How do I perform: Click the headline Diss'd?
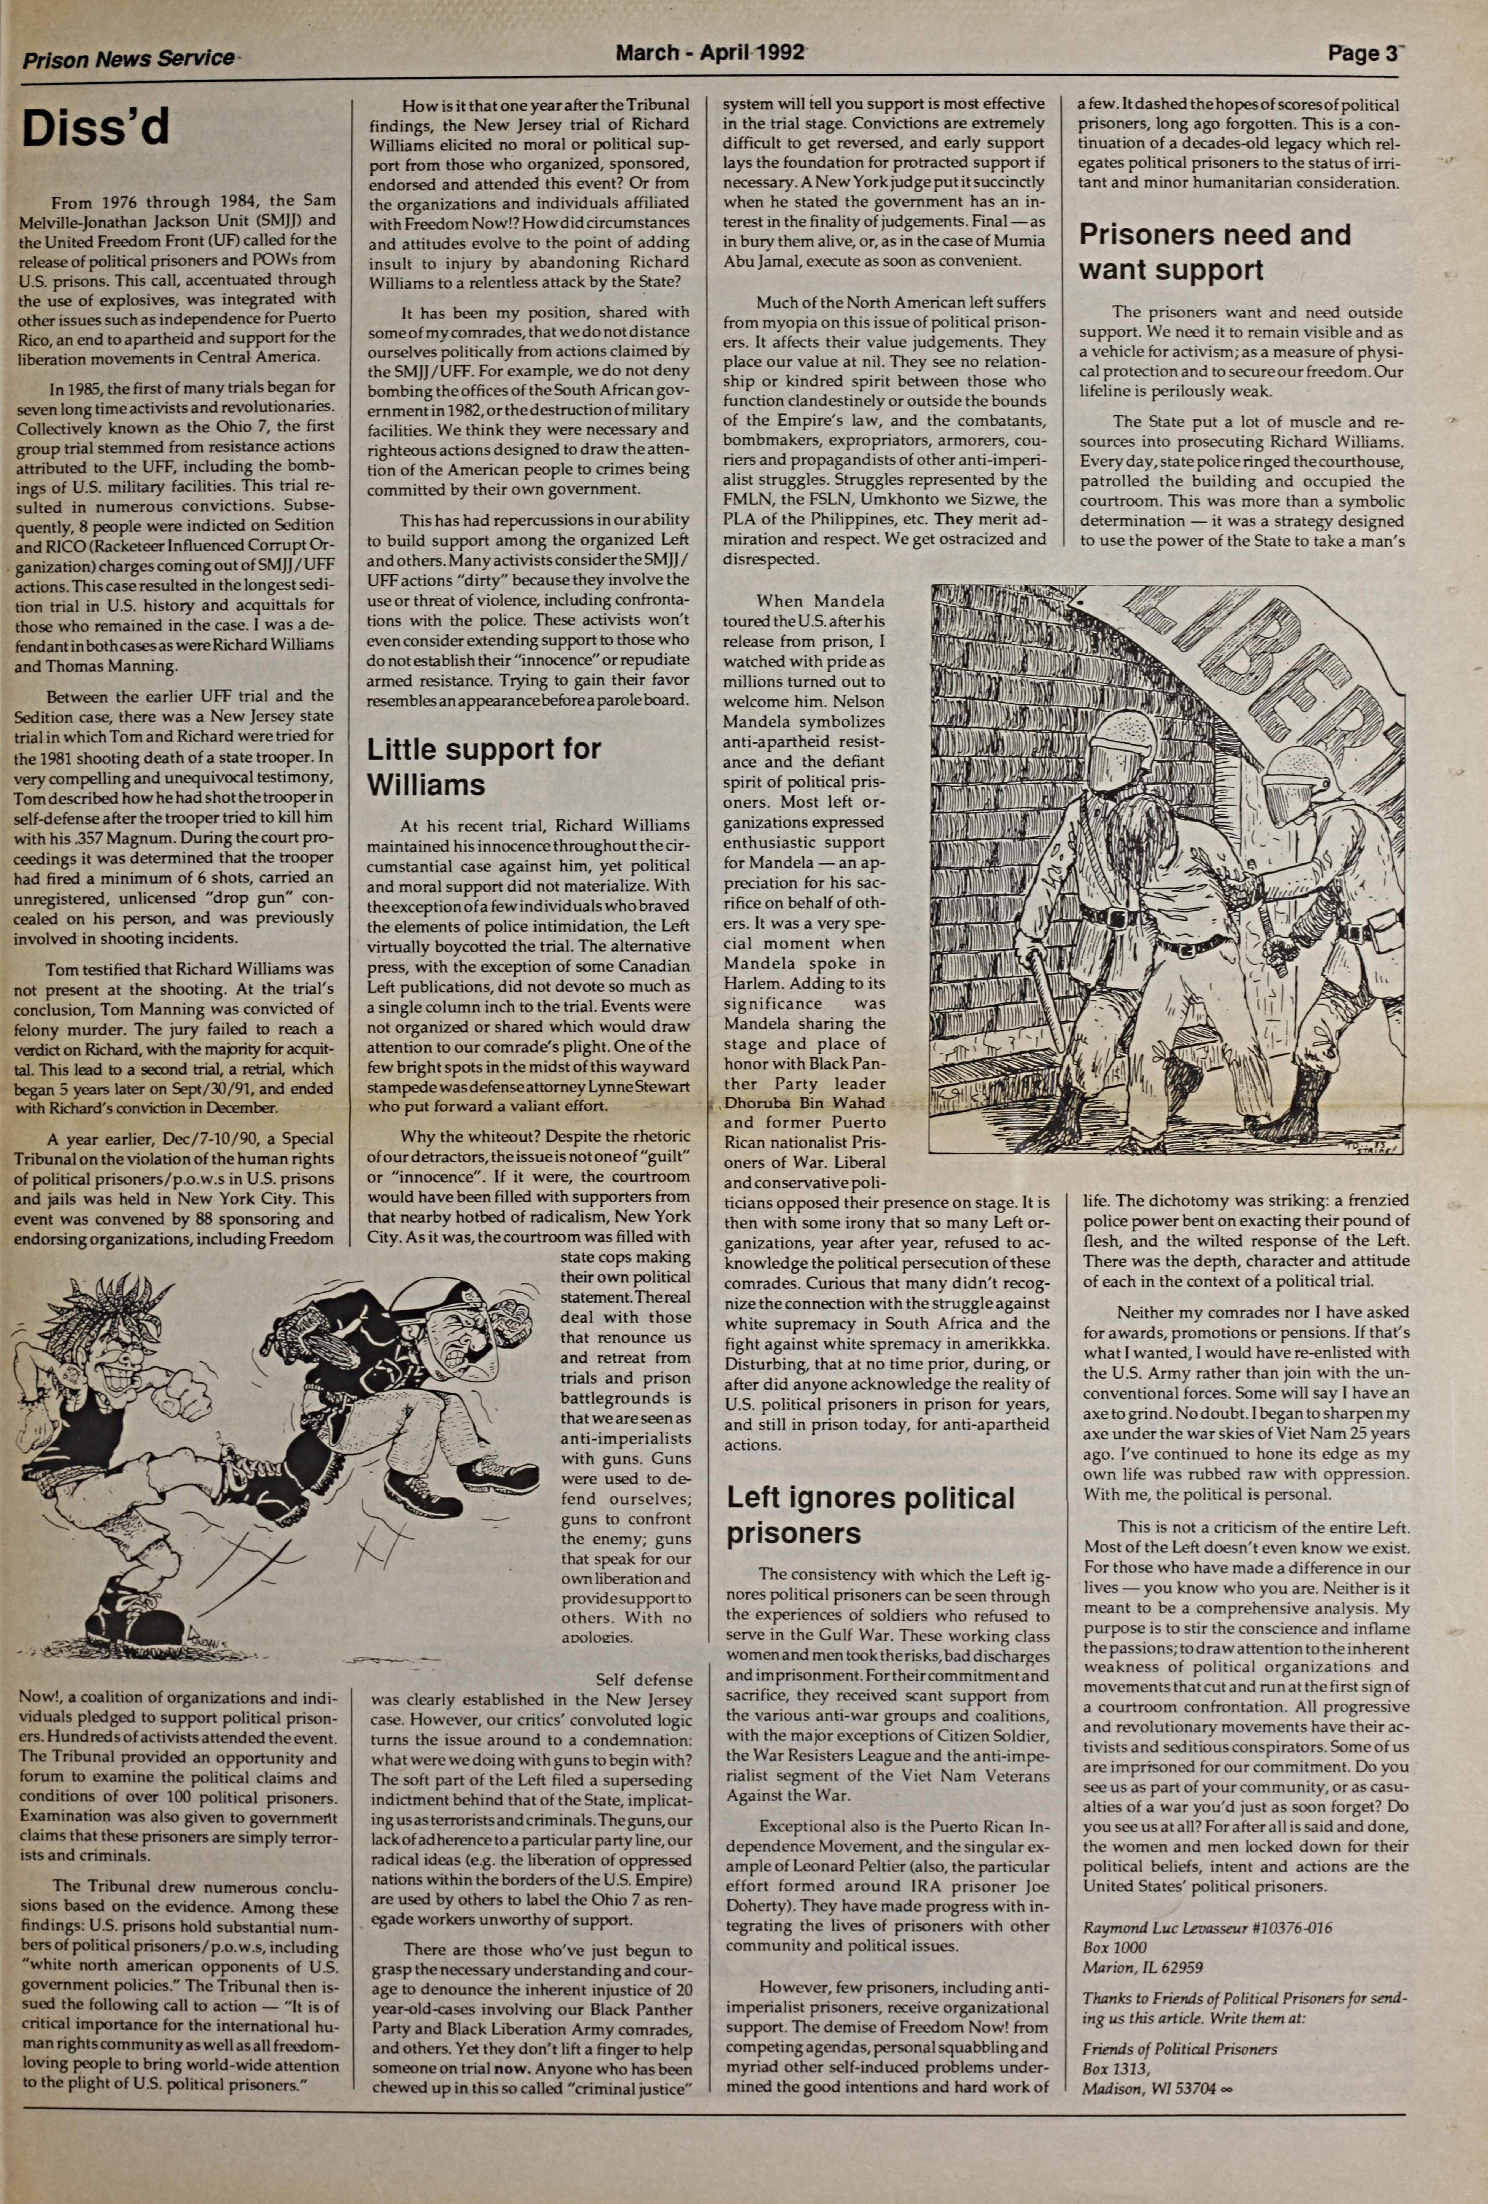(96, 128)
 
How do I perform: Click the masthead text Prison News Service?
(128, 59)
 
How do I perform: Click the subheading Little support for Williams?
(484, 766)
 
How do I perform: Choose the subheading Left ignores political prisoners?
(870, 1514)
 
